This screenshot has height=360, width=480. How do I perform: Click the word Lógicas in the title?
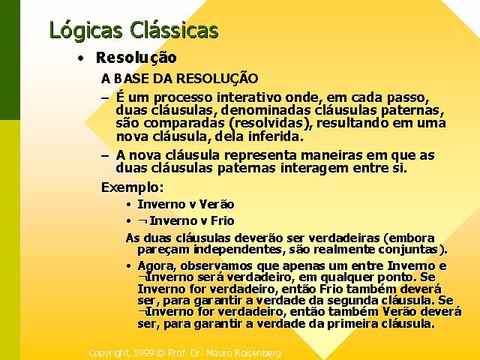tap(86, 31)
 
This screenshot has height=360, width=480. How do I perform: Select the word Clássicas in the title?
tap(174, 30)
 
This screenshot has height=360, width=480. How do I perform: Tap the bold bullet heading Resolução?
tap(136, 58)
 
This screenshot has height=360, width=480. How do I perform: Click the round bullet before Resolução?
tap(80, 58)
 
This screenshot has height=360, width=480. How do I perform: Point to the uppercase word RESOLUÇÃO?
tap(217, 77)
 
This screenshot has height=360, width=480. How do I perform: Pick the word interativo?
tap(249, 97)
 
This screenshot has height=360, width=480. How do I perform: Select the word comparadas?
tap(184, 124)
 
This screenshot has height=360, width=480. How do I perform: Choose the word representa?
tap(260, 155)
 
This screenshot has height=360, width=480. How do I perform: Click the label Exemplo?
tap(132, 187)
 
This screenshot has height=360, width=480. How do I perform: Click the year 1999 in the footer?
tap(143, 353)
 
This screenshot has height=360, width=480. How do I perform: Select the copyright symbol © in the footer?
tap(160, 353)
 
